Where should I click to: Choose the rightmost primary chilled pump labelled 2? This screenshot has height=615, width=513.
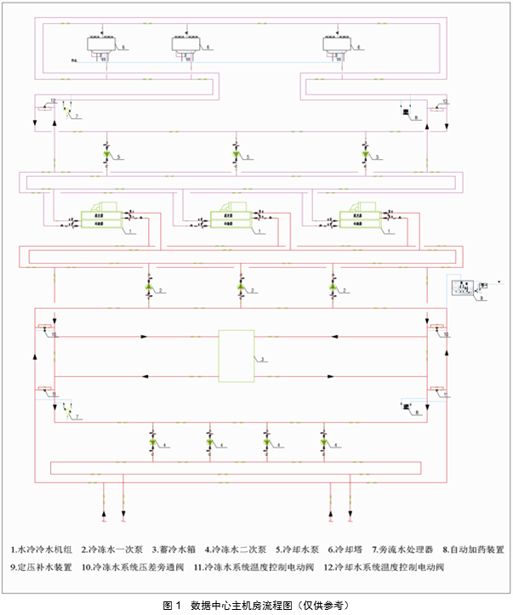click(x=333, y=289)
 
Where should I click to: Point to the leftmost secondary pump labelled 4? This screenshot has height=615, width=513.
click(x=152, y=443)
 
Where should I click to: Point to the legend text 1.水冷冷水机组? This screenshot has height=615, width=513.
click(x=42, y=550)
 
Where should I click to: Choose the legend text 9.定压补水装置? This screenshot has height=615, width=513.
click(x=42, y=567)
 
